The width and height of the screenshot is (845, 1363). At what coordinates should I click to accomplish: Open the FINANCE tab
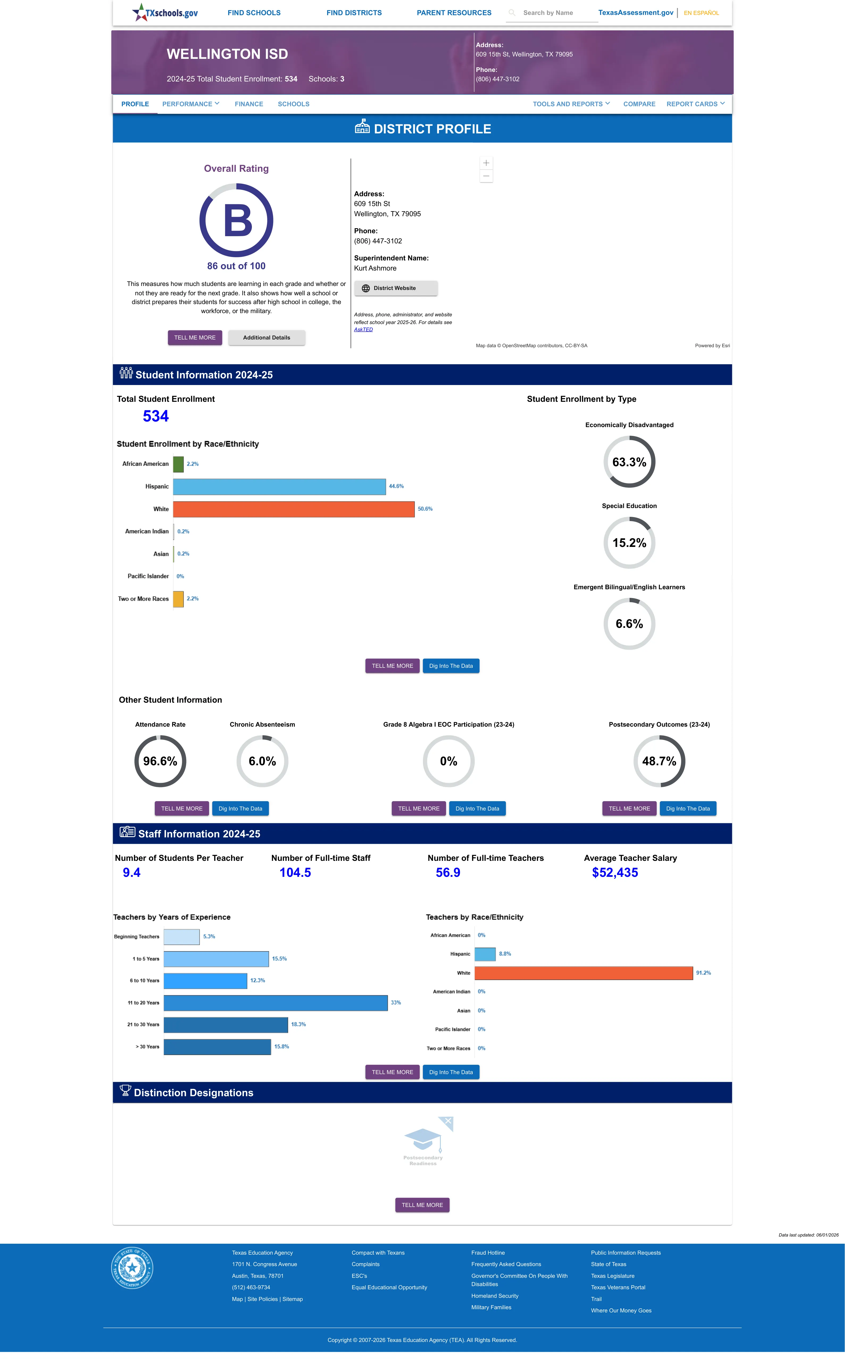[249, 104]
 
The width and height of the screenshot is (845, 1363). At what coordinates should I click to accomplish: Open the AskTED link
[363, 329]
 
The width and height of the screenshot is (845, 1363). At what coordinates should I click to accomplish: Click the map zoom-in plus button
[486, 163]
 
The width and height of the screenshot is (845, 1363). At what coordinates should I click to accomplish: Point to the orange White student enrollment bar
[294, 509]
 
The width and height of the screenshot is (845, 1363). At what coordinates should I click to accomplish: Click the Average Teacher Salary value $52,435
[615, 873]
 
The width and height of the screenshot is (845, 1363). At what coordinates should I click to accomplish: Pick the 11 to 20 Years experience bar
[276, 1003]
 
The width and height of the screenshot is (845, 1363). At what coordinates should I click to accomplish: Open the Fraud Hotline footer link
[488, 1253]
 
